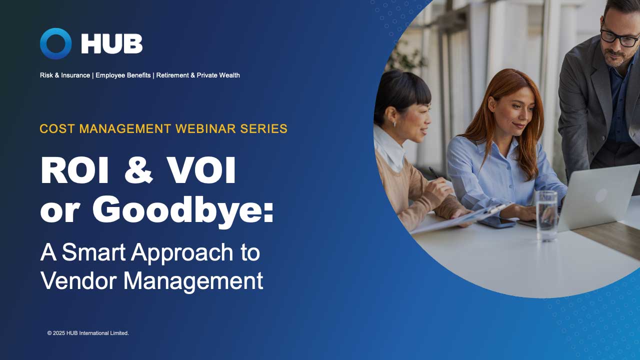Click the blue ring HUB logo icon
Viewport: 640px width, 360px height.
55,43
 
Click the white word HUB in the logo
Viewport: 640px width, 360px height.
111,44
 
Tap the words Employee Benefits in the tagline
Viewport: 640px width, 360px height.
123,75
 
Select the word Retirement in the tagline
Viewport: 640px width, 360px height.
172,75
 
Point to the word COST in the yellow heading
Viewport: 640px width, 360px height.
57,128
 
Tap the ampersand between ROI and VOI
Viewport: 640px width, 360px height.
138,171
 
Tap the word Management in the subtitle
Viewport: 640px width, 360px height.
193,281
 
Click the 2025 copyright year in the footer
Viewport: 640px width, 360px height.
60,333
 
